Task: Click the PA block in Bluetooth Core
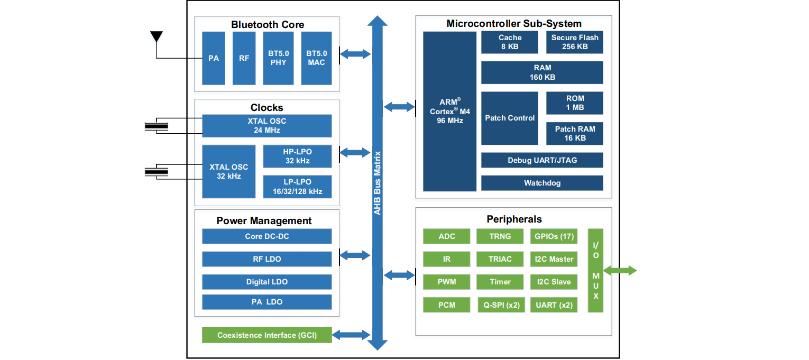click(x=214, y=58)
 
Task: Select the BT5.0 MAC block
click(x=317, y=58)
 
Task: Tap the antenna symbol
click(x=156, y=37)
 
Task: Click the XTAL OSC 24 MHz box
click(x=267, y=126)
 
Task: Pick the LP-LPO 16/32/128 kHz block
click(x=297, y=187)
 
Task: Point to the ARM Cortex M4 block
click(x=449, y=111)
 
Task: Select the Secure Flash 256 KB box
click(x=575, y=42)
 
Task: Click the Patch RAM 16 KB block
click(x=575, y=134)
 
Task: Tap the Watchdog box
click(x=542, y=183)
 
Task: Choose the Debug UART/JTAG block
click(x=542, y=160)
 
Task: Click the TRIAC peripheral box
click(x=500, y=259)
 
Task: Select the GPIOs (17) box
click(x=554, y=236)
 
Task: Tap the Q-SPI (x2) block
click(x=500, y=305)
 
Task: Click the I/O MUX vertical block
click(x=595, y=270)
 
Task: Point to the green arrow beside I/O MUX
click(x=620, y=271)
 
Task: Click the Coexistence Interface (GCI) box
click(x=267, y=335)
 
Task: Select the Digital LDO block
click(x=267, y=282)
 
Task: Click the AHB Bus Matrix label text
click(x=378, y=183)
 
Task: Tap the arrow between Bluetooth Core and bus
click(x=355, y=53)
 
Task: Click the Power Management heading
click(x=264, y=221)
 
